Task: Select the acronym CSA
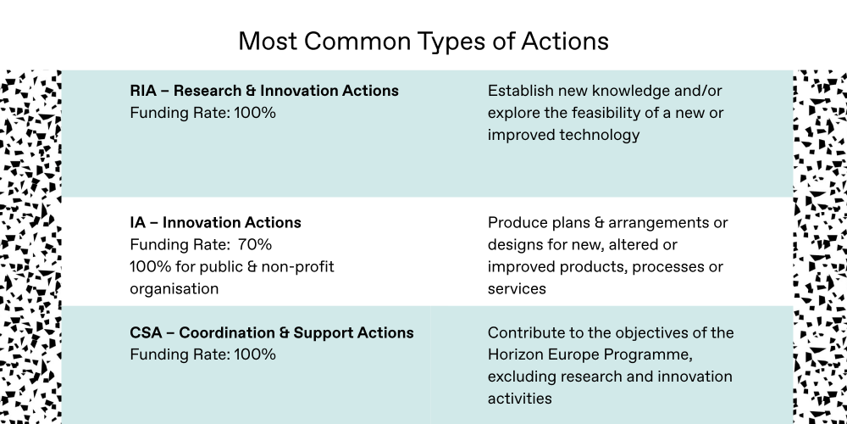(146, 332)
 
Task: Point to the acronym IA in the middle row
(137, 223)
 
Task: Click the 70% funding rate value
(254, 245)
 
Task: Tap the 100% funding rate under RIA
(254, 113)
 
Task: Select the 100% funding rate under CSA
(254, 354)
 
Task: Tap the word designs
(515, 246)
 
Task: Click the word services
(517, 289)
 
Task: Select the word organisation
(174, 289)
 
